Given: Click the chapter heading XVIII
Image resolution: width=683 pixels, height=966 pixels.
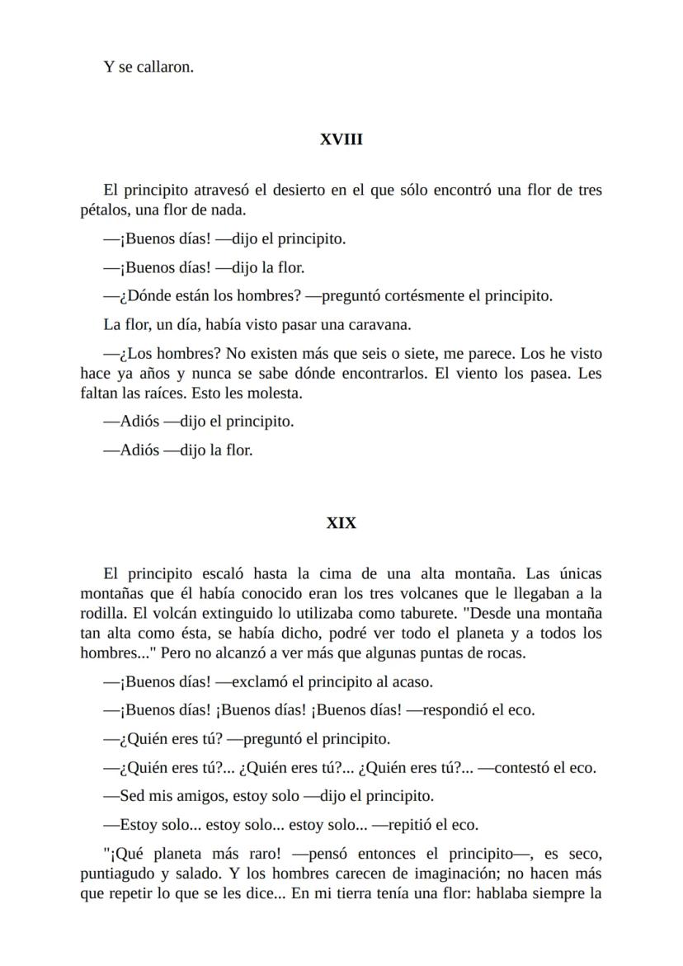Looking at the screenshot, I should coord(341,140).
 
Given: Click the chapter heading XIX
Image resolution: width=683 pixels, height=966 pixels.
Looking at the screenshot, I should coord(341,523).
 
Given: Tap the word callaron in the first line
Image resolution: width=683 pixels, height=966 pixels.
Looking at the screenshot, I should coord(163,67).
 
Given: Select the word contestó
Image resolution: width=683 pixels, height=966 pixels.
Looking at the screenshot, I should coord(511,767).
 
